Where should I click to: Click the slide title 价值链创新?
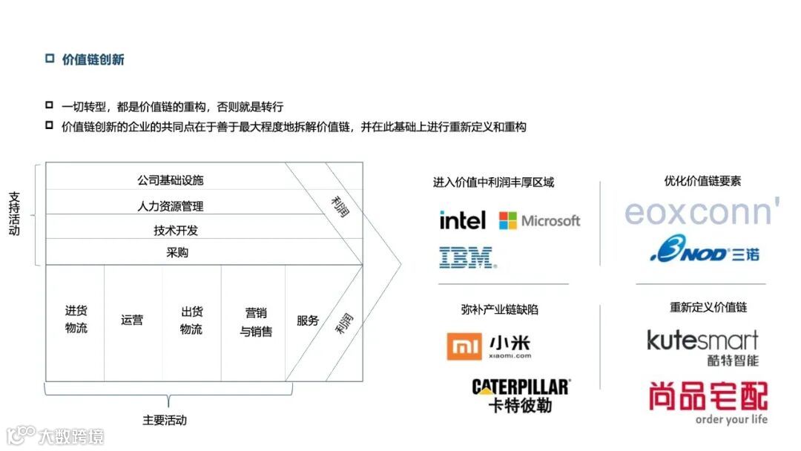pyautogui.click(x=93, y=60)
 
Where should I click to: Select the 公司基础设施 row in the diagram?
pyautogui.click(x=170, y=180)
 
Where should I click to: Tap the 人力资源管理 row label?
pyautogui.click(x=170, y=205)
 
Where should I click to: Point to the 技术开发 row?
pyautogui.click(x=176, y=230)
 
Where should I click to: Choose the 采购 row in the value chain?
pyautogui.click(x=177, y=252)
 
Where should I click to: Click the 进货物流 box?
pyautogui.click(x=76, y=320)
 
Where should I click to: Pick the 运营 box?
pyautogui.click(x=132, y=320)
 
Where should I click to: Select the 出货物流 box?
pyautogui.click(x=191, y=320)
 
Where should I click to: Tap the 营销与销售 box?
pyautogui.click(x=255, y=322)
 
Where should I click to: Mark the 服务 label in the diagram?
pyautogui.click(x=308, y=320)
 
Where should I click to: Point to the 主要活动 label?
pyautogui.click(x=164, y=420)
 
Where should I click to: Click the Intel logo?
pyautogui.click(x=462, y=220)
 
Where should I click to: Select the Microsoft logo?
pyautogui.click(x=539, y=220)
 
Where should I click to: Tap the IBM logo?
pyautogui.click(x=467, y=257)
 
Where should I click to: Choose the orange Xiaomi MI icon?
pyautogui.click(x=464, y=346)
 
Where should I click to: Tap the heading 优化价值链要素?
pyautogui.click(x=702, y=181)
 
